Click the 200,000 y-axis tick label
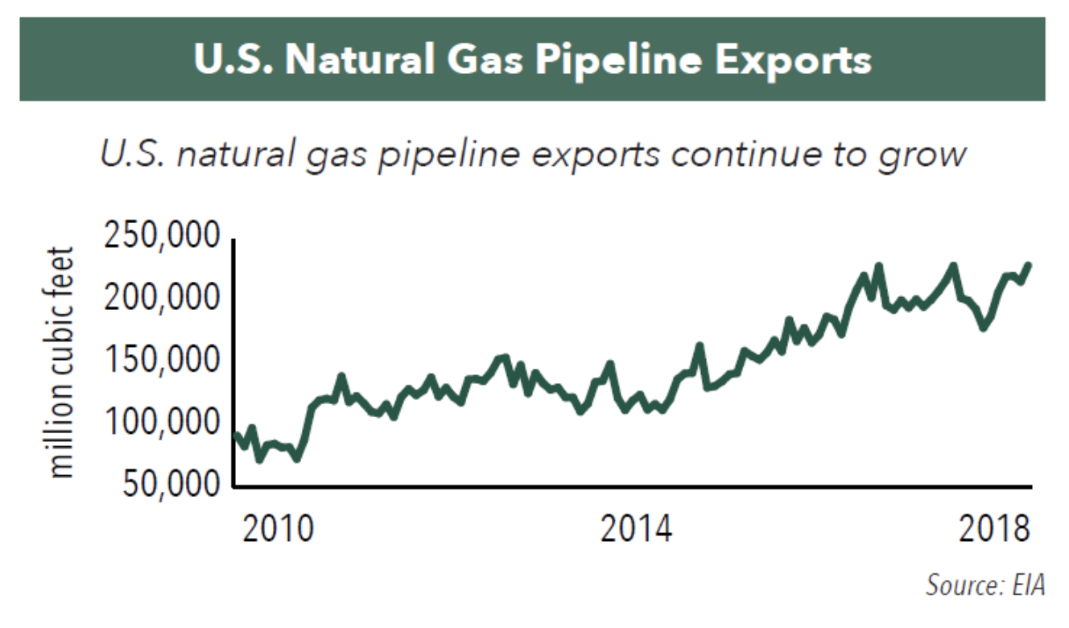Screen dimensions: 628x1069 pos(161,299)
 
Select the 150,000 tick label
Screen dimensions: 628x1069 pos(161,360)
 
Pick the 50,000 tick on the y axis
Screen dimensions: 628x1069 pos(169,484)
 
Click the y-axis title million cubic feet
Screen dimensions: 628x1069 pos(62,362)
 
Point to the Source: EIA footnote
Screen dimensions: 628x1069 pos(984,584)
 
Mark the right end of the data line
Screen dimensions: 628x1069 pos(1029,265)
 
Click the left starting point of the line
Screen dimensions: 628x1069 pos(235,435)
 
